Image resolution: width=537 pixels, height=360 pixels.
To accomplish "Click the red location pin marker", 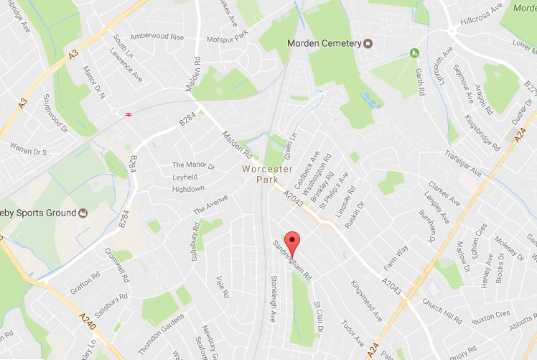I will click(291, 241).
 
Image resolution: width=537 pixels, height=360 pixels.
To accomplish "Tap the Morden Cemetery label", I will click(324, 44).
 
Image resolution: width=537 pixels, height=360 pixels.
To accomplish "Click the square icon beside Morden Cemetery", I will click(368, 44).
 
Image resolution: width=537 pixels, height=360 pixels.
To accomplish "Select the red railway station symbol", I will click(127, 114).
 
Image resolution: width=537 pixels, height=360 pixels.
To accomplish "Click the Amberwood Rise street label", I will click(157, 37).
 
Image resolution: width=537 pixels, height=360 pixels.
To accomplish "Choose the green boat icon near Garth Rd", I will click(414, 53).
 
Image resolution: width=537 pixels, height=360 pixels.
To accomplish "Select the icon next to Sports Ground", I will click(83, 213).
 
